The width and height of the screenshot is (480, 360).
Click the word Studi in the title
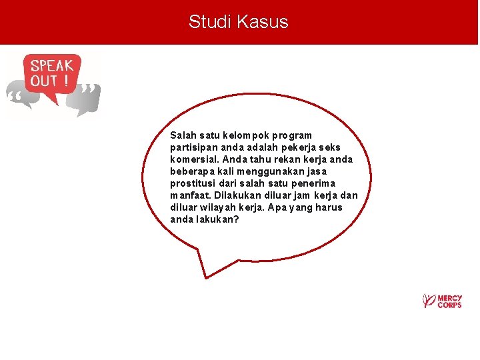tap(207, 22)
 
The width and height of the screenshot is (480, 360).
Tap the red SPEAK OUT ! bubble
tap(51, 75)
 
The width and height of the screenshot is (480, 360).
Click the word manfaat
tap(191, 195)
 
